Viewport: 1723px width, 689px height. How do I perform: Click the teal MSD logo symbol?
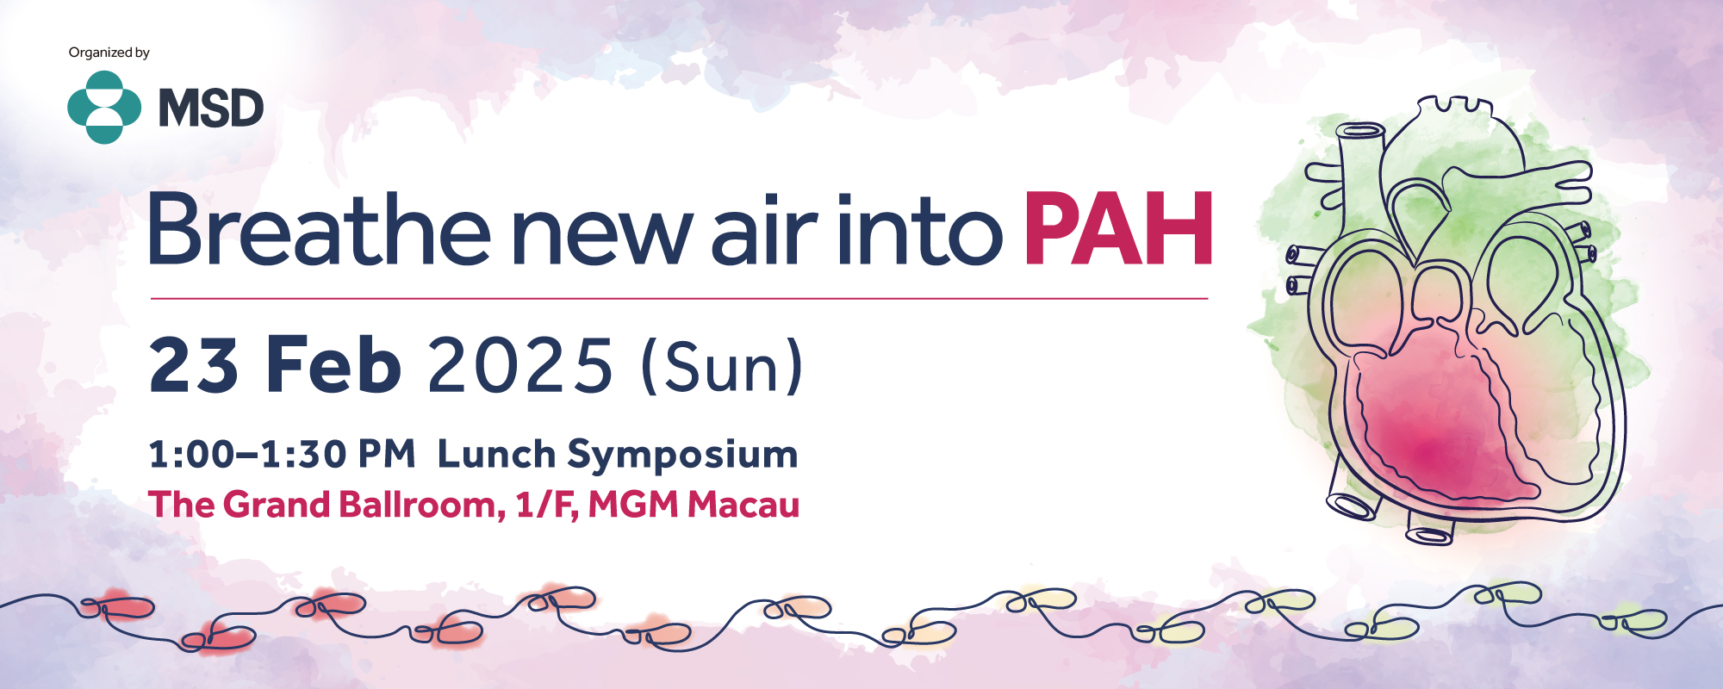tap(104, 108)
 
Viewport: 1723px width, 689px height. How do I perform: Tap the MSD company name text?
tap(211, 109)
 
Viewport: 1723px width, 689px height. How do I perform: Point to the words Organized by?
tap(109, 53)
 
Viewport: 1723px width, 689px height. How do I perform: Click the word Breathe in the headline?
tap(320, 228)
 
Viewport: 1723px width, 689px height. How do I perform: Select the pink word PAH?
tap(1118, 228)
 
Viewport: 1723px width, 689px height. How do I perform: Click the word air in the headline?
tap(763, 228)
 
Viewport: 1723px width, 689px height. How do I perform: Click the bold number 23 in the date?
tap(194, 365)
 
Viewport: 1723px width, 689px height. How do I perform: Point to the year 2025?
tap(520, 366)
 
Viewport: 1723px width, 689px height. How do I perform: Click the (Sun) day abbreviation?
tap(722, 367)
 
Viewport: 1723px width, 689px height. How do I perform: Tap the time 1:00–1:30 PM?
tap(283, 454)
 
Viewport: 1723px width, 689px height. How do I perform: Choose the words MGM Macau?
tap(694, 505)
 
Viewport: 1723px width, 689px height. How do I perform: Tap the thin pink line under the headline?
tap(680, 299)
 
